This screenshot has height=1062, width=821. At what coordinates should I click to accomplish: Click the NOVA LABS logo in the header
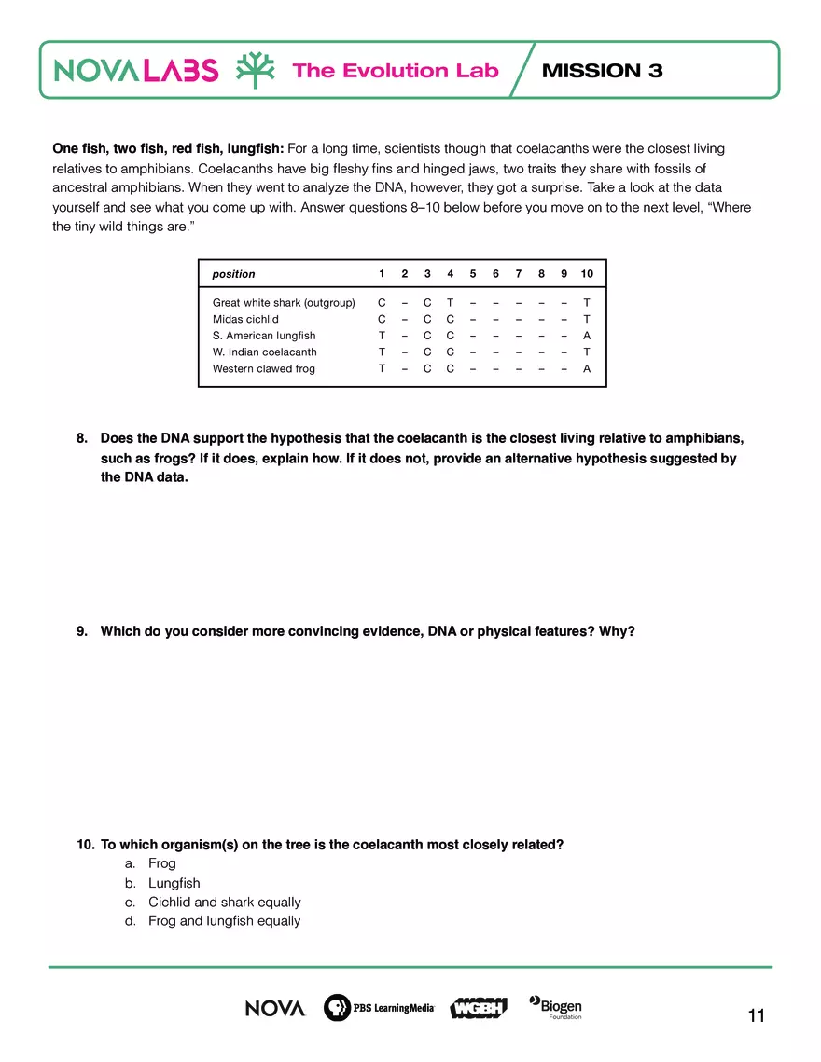coord(136,71)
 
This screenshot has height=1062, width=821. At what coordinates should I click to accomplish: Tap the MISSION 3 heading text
coord(602,71)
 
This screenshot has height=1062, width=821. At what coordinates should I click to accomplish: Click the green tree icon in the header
coord(255,71)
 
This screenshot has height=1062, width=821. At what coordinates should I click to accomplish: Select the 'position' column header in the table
coord(233,274)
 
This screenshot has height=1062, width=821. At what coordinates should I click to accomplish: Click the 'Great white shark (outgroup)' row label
coord(284,303)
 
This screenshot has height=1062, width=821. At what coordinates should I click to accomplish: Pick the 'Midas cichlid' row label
coord(245,319)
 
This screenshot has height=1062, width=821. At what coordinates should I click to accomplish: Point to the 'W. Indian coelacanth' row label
coord(264,352)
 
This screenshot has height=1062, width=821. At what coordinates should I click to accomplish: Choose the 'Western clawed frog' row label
coord(264,369)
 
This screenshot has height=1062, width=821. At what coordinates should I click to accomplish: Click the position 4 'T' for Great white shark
coord(450,303)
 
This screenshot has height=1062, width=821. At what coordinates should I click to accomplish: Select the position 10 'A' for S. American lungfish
coord(587,336)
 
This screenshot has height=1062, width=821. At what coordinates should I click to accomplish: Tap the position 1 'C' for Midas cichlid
coord(381,319)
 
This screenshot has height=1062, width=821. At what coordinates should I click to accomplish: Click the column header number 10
coord(587,274)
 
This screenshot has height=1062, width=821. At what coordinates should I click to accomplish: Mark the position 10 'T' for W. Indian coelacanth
coord(587,352)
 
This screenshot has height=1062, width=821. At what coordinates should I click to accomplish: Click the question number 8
coord(82,438)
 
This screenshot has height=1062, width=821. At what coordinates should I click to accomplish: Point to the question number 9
coord(82,632)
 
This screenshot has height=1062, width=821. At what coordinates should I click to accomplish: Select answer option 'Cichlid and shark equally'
coord(224,902)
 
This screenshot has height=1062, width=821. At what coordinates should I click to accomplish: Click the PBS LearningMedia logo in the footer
coord(379,1008)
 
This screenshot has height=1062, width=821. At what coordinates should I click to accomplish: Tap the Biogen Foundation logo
coord(556,1007)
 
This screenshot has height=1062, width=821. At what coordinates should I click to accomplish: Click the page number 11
coord(756,1016)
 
